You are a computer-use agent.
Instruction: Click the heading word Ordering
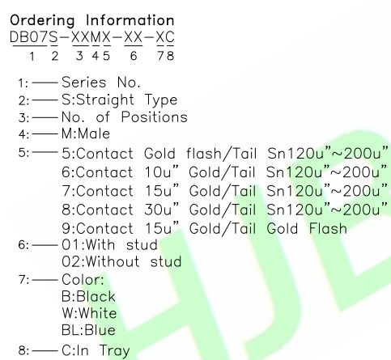(x=42, y=21)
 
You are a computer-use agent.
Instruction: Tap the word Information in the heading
(x=130, y=20)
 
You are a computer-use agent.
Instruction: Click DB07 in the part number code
(x=28, y=37)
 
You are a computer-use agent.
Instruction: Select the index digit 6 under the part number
(x=134, y=56)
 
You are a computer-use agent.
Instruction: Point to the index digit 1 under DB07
(x=32, y=57)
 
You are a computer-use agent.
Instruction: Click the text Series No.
(x=101, y=82)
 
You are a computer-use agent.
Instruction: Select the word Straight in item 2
(x=105, y=100)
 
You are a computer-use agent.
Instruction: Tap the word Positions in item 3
(x=154, y=117)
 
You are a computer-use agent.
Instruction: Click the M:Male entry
(x=86, y=133)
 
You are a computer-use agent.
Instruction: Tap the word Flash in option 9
(x=328, y=228)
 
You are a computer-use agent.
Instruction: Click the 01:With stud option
(x=109, y=245)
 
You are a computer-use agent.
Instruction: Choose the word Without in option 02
(x=113, y=261)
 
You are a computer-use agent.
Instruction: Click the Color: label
(x=83, y=279)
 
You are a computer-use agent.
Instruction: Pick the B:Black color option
(x=88, y=296)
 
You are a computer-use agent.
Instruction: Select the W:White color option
(x=89, y=313)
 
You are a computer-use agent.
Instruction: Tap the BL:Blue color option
(x=88, y=330)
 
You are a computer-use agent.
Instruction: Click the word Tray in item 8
(x=115, y=350)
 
